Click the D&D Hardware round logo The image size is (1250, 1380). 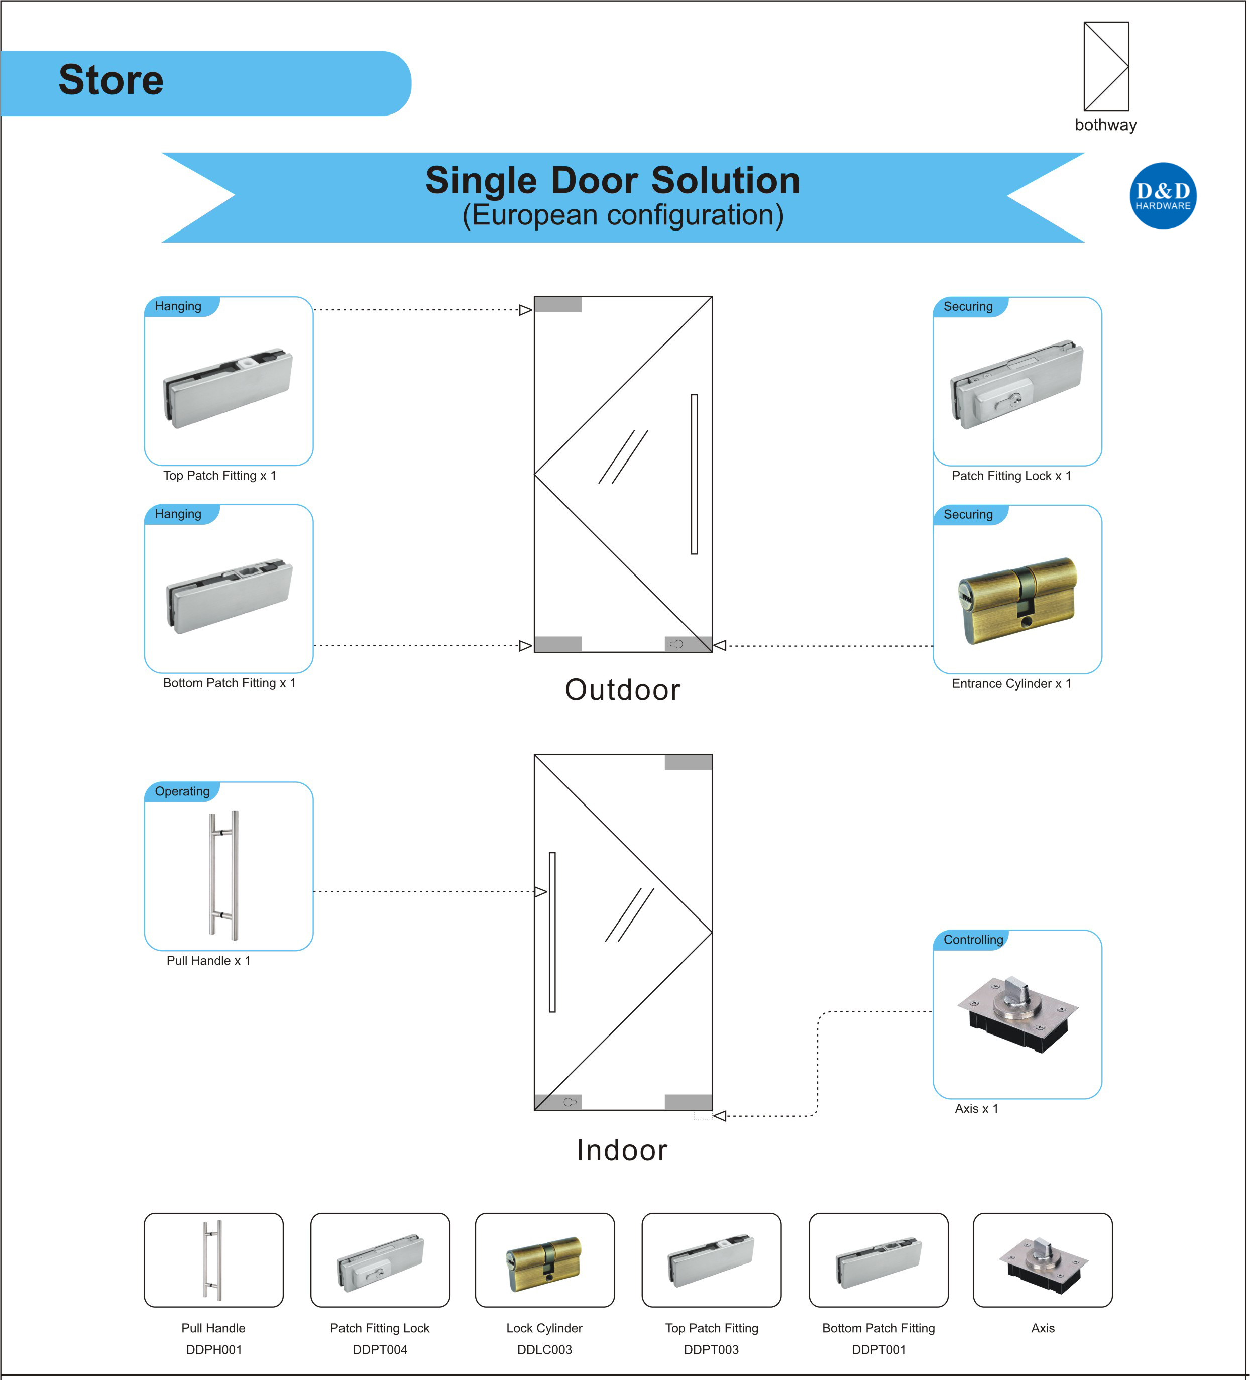click(1163, 196)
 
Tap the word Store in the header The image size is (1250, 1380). click(111, 80)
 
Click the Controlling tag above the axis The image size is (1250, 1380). click(972, 939)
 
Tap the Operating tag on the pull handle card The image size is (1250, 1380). click(182, 791)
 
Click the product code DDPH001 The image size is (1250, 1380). click(213, 1349)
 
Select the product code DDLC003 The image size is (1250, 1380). click(544, 1349)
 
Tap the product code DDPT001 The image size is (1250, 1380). click(878, 1349)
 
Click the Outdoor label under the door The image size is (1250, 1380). click(622, 689)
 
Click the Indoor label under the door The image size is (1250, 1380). click(622, 1150)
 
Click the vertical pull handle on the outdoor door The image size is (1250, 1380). click(694, 474)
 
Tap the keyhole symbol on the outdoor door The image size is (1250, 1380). click(676, 644)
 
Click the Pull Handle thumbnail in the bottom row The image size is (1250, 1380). click(213, 1259)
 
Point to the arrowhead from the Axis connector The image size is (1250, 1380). click(720, 1116)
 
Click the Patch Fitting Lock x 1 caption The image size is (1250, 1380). click(1011, 476)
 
